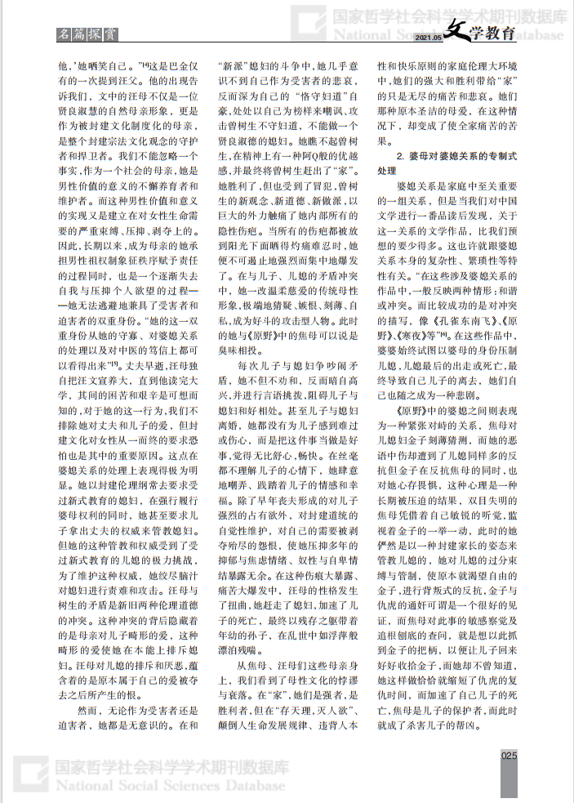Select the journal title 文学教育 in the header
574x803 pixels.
click(x=481, y=33)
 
